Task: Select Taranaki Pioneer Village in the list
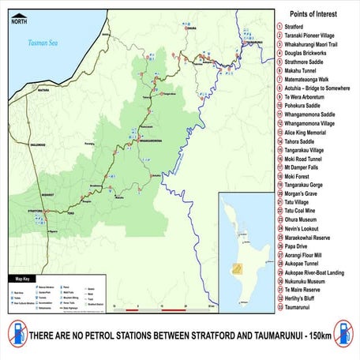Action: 311,35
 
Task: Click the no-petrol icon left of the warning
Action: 16,332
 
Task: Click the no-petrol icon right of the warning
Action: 344,332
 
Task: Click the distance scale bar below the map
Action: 163,309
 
